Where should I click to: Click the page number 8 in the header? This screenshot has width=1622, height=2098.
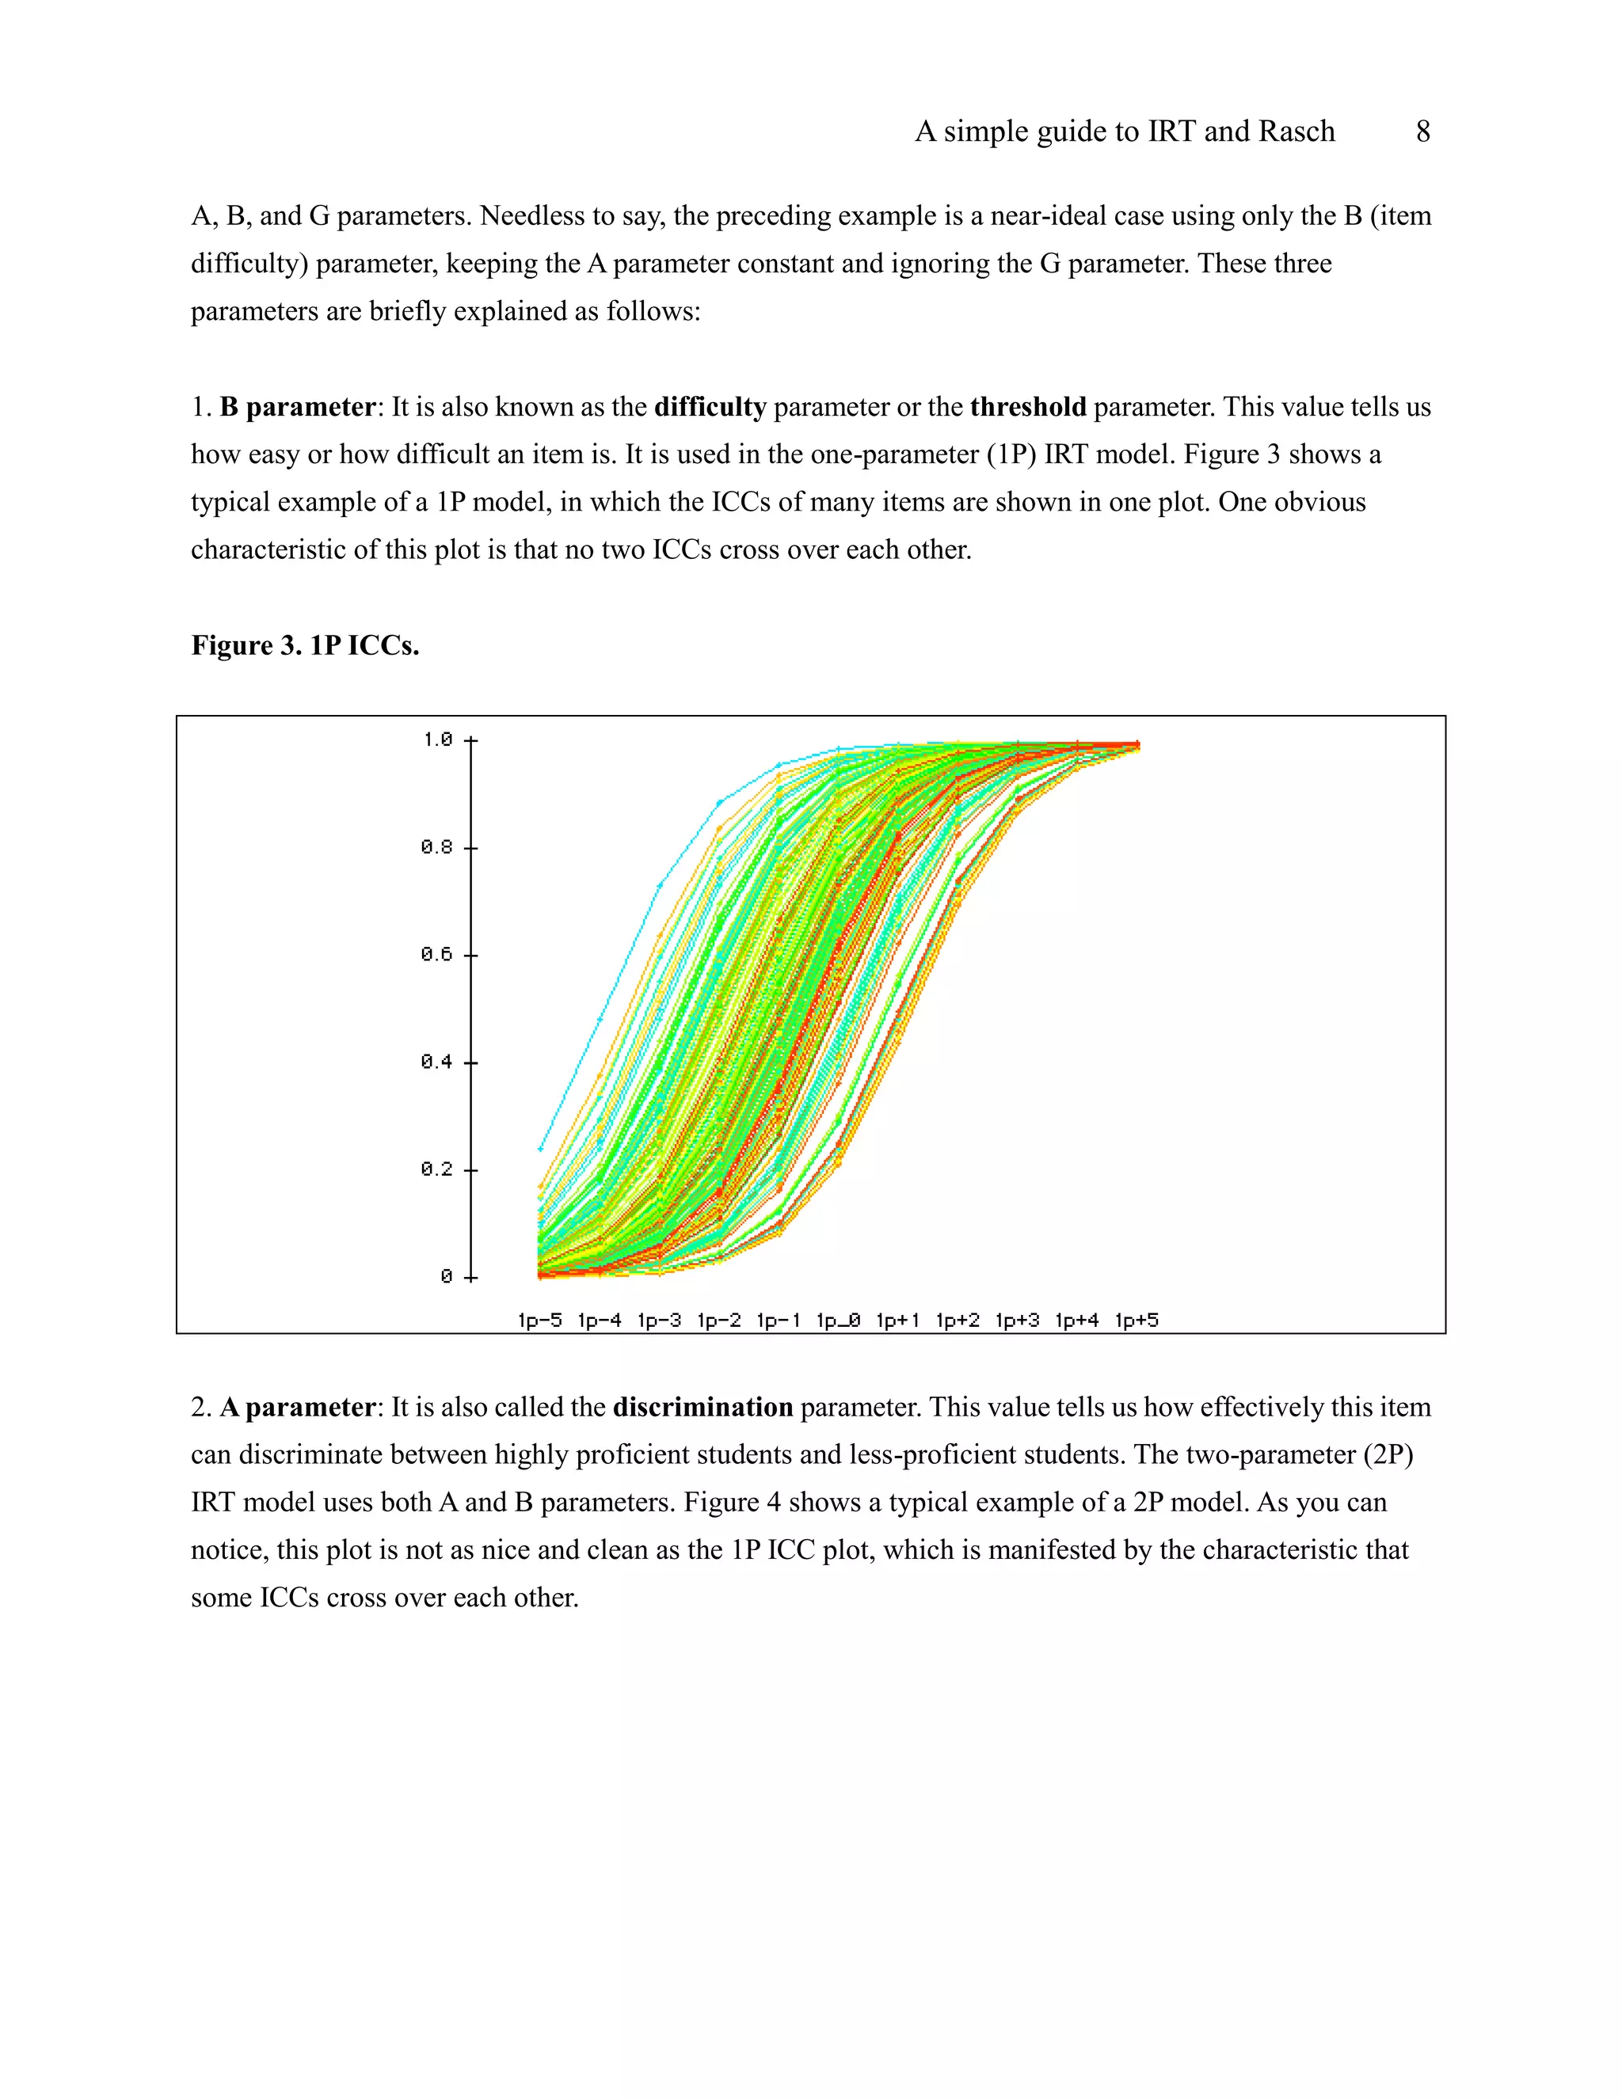click(x=1422, y=131)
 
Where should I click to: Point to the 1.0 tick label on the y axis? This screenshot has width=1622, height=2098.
click(x=437, y=739)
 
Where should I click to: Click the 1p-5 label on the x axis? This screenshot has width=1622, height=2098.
click(x=539, y=1320)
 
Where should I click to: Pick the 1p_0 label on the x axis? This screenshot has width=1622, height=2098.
click(x=838, y=1320)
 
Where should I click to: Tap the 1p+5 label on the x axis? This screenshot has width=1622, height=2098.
click(x=1136, y=1320)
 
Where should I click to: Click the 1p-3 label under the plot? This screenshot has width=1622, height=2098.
click(x=658, y=1320)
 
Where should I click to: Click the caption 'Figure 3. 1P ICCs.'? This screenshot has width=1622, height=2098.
click(x=305, y=645)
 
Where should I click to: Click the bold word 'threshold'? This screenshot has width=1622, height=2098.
click(x=1027, y=407)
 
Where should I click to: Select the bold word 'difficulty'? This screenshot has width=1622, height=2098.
click(x=710, y=407)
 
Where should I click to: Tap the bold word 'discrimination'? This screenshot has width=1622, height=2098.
click(x=702, y=1408)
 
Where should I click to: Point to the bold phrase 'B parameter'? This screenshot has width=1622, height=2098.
click(x=297, y=407)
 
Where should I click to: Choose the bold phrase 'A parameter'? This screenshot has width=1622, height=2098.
click(x=297, y=1408)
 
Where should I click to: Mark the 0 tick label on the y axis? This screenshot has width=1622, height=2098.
click(x=446, y=1277)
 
